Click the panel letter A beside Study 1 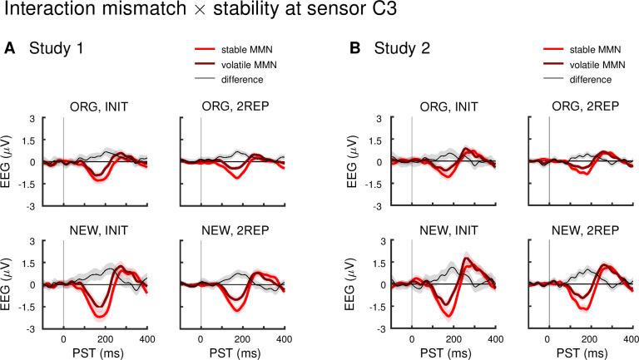click(10, 48)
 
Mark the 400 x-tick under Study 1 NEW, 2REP click(283, 339)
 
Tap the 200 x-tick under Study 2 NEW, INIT click(453, 339)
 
